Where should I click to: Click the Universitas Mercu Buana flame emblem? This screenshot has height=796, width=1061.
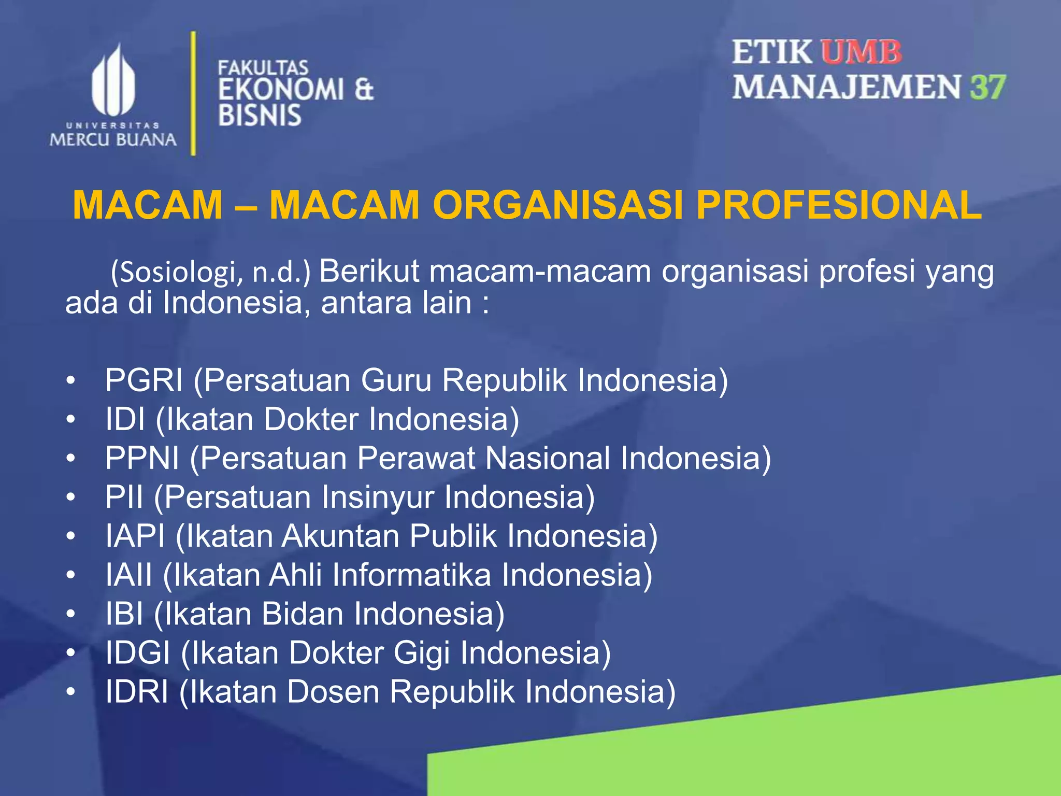tap(113, 81)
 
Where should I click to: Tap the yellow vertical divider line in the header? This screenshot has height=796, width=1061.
tap(193, 93)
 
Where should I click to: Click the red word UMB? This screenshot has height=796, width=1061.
tap(861, 53)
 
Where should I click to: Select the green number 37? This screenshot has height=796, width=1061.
tap(988, 87)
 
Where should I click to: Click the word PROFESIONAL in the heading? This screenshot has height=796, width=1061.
tap(838, 205)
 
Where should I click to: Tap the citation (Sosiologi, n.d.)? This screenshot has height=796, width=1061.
tap(210, 273)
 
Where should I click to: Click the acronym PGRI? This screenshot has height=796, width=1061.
tap(144, 380)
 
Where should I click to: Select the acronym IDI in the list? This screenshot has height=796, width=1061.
tap(125, 419)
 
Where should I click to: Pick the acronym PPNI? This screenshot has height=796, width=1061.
tap(142, 458)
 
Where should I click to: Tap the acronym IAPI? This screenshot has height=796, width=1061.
tap(135, 536)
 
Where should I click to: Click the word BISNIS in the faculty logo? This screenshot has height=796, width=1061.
tap(260, 115)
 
